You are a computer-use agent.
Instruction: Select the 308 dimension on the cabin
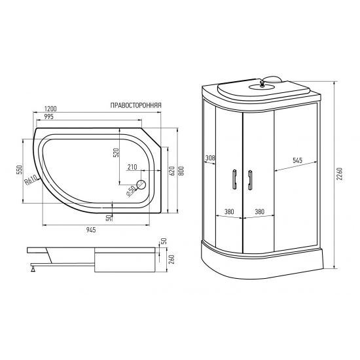point(209,158)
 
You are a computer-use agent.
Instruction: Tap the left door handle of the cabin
point(233,180)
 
